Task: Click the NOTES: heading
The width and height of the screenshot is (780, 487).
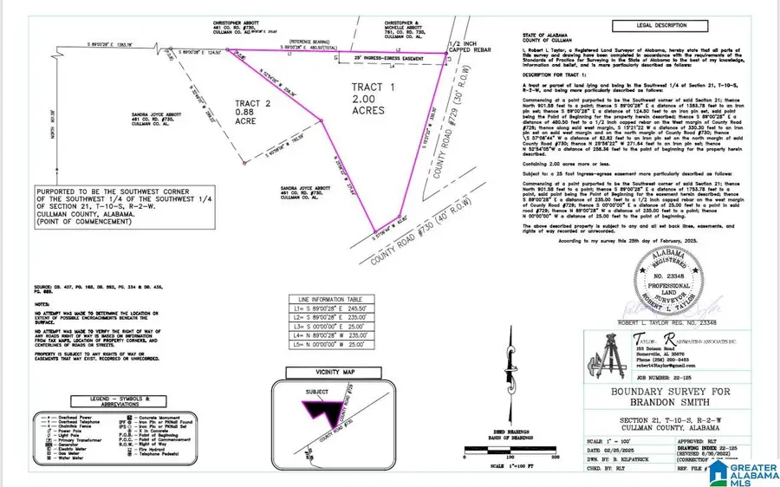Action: pyautogui.click(x=42, y=304)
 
